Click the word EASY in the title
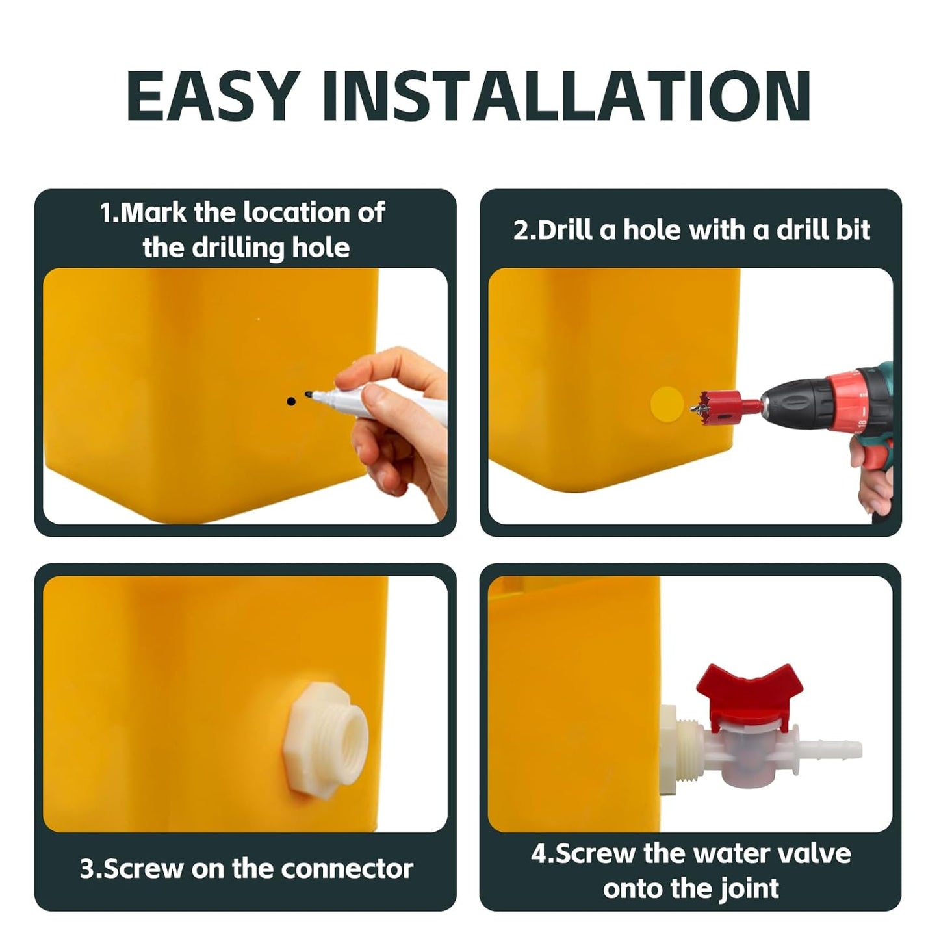212,96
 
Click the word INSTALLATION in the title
566,96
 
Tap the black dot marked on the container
290,402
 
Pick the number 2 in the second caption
520,231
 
